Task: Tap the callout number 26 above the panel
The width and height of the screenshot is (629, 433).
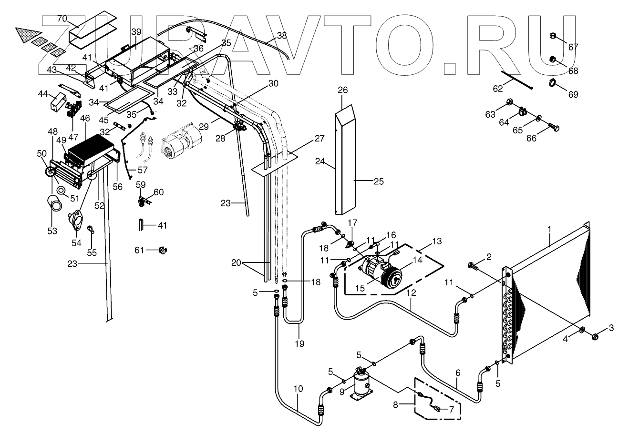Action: (356, 90)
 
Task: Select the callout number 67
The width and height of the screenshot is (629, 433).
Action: (573, 47)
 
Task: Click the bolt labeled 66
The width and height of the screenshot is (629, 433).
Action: (554, 128)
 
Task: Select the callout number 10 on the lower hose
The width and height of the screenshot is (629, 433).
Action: (298, 388)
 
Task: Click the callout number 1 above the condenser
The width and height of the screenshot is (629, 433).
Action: (549, 229)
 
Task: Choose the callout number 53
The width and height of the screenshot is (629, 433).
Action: (52, 231)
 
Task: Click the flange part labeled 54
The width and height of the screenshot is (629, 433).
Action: (75, 221)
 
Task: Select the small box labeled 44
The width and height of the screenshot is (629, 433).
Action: (59, 101)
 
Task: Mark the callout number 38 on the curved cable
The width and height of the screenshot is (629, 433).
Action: (282, 35)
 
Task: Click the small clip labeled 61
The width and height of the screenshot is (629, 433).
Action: (163, 249)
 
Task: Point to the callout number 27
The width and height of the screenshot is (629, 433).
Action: (319, 139)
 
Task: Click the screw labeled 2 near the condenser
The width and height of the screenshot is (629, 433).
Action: (472, 265)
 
